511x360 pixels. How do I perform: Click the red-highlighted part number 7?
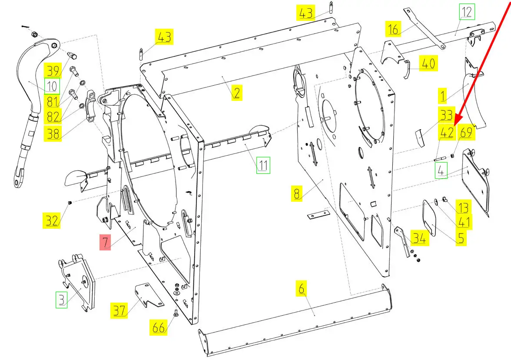(x=106, y=242)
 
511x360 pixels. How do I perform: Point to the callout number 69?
(x=466, y=133)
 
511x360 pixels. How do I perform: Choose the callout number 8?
(x=297, y=194)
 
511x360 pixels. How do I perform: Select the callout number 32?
(x=52, y=220)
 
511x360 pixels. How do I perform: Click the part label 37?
(x=119, y=310)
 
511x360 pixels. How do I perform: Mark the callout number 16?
(x=393, y=29)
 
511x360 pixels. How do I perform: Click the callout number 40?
(x=428, y=63)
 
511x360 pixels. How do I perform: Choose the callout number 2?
(x=236, y=93)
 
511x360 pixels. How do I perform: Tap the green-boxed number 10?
(x=52, y=86)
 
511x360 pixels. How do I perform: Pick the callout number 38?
(x=53, y=134)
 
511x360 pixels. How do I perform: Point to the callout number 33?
(x=447, y=115)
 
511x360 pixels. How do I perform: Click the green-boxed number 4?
(x=441, y=171)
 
